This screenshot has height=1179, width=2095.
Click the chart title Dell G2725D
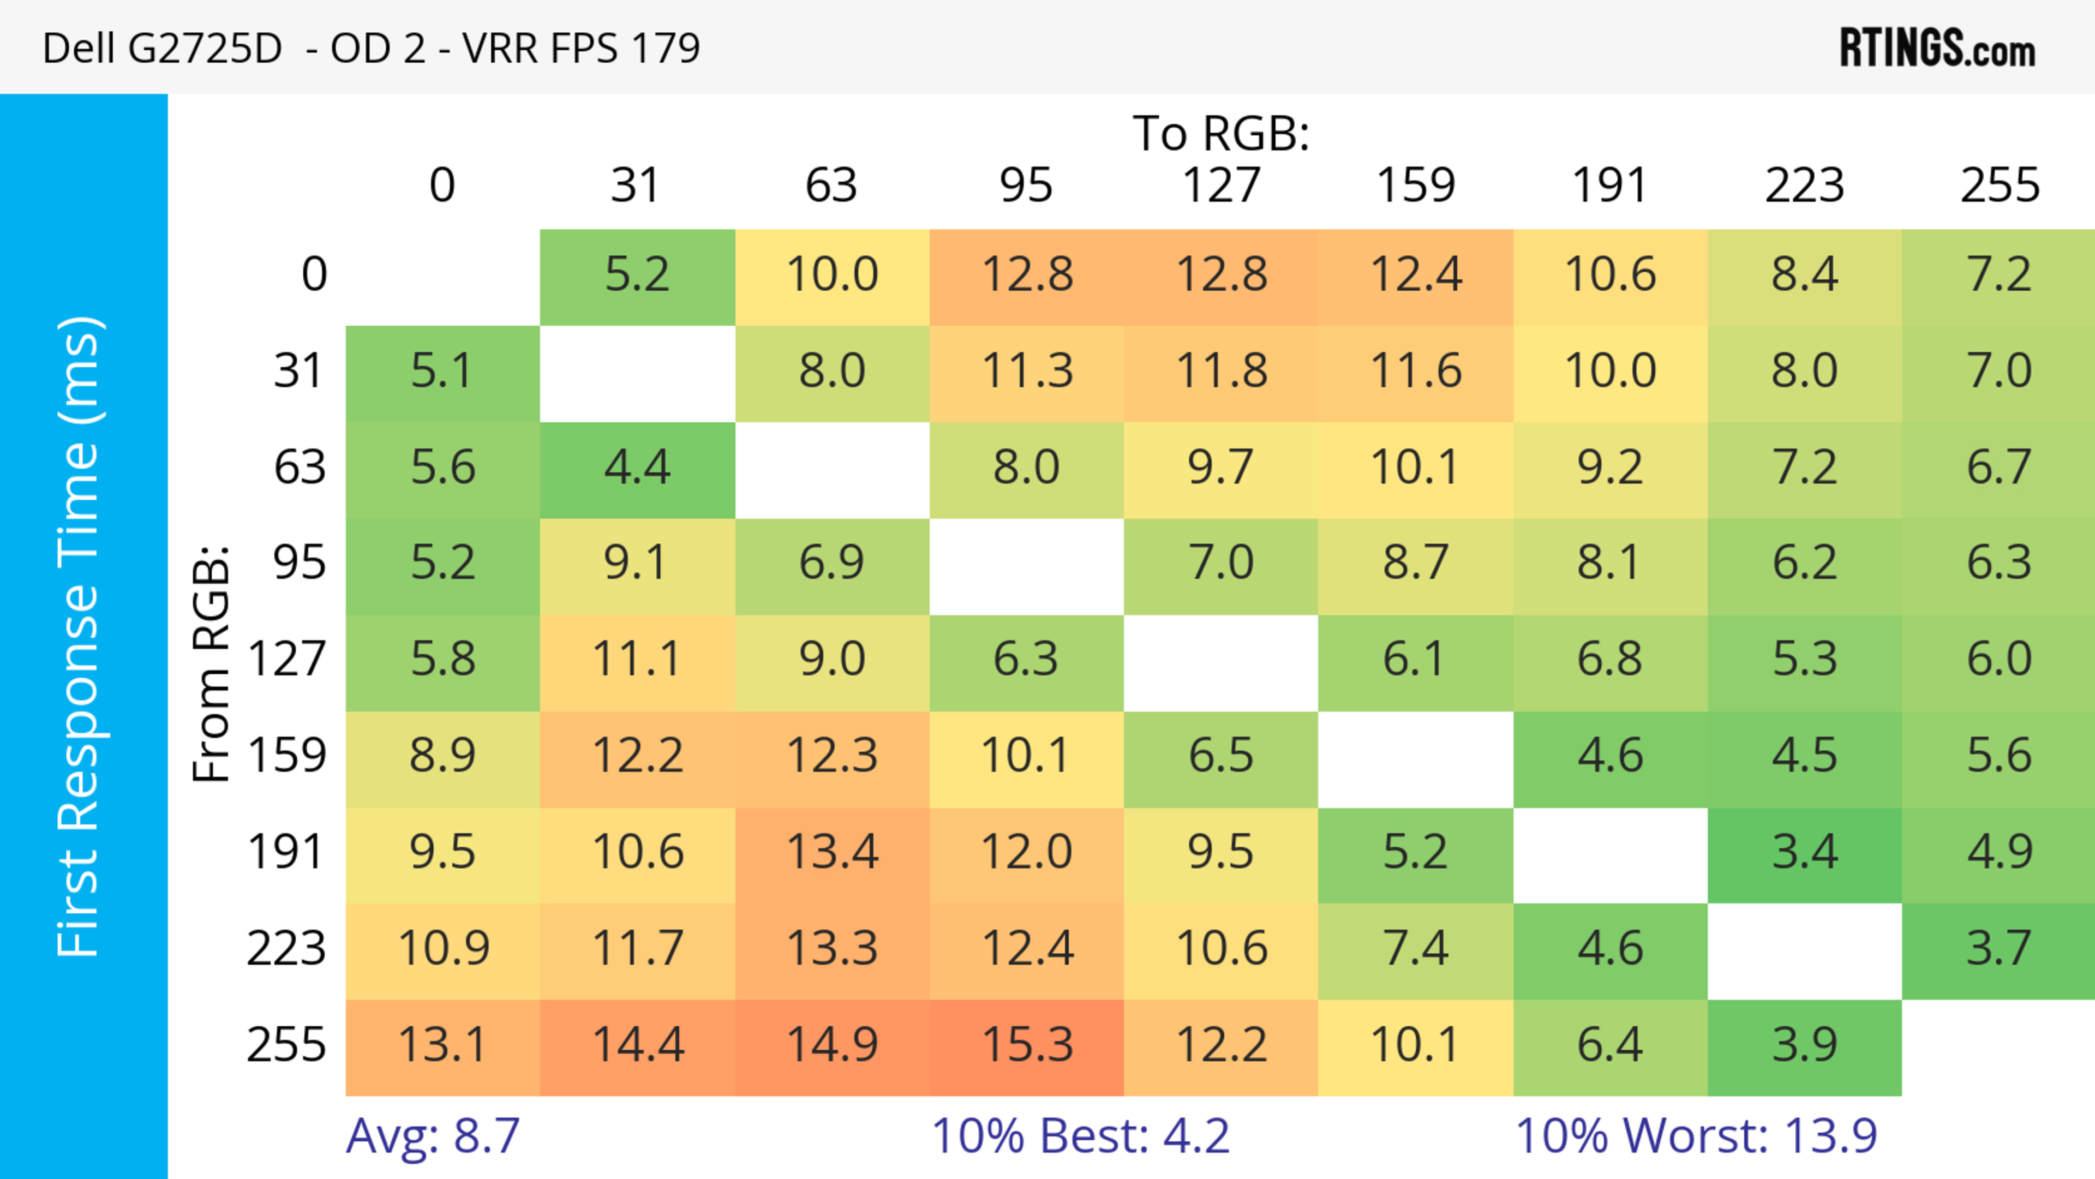[371, 48]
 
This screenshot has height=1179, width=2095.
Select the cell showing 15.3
[1026, 1046]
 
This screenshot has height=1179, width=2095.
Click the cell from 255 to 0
[442, 1046]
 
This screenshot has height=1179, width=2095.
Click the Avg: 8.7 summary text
[433, 1136]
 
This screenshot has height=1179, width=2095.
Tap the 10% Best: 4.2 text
[1080, 1136]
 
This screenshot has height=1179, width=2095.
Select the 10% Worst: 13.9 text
[1696, 1136]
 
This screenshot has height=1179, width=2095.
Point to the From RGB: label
[212, 663]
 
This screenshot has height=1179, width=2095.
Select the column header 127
[1221, 185]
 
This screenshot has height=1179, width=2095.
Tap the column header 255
[1999, 185]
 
